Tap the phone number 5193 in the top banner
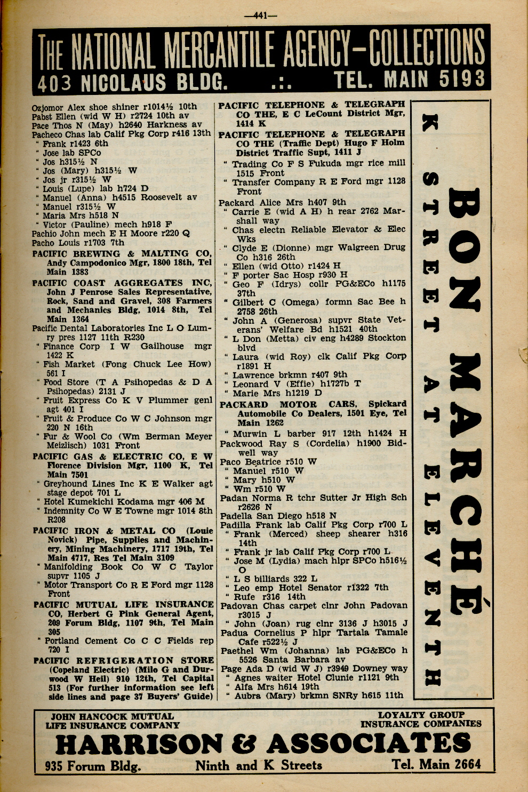tap(462, 79)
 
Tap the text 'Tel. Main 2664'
tap(436, 764)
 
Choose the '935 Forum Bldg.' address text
tap(93, 766)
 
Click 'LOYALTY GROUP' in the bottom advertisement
tap(421, 715)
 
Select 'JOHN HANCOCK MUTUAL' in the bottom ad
tap(112, 716)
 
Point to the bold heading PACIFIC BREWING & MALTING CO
tap(122, 254)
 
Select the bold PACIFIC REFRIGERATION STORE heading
tap(123, 660)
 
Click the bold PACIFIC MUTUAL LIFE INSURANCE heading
tap(123, 605)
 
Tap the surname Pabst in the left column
tap(42, 116)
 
